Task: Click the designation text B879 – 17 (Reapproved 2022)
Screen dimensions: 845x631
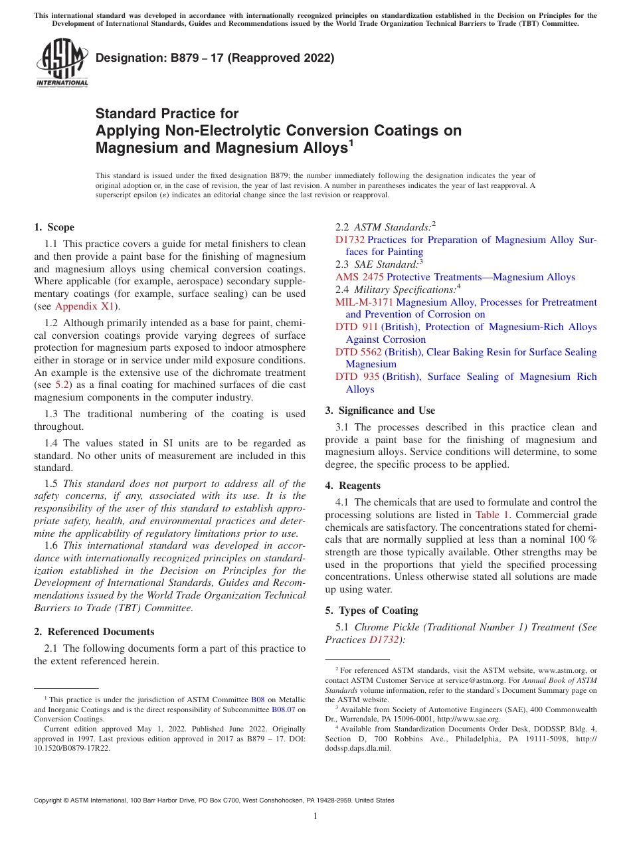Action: click(215, 58)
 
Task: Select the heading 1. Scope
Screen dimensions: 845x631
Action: click(54, 227)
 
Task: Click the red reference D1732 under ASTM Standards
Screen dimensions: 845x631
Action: click(349, 240)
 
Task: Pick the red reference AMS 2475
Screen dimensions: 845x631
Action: click(359, 277)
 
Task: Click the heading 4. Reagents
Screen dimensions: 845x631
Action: click(353, 486)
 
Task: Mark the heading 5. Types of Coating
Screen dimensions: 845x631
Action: click(371, 610)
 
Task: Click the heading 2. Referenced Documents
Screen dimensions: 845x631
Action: click(94, 632)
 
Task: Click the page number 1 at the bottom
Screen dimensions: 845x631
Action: click(315, 816)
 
